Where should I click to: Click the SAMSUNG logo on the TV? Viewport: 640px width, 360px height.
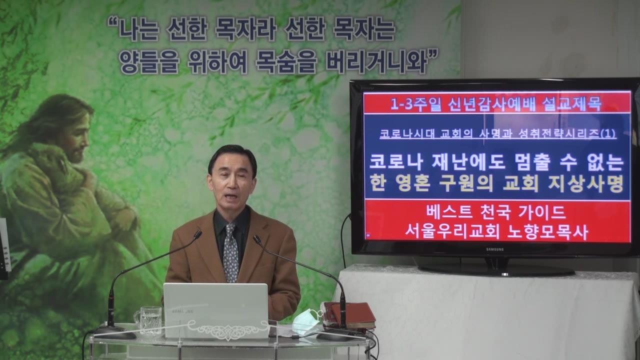click(x=495, y=249)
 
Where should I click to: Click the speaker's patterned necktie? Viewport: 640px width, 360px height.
click(x=231, y=252)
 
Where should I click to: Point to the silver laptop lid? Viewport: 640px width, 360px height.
click(x=216, y=309)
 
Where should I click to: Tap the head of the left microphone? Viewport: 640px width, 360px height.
click(x=197, y=235)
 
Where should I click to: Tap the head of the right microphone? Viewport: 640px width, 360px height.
click(x=257, y=239)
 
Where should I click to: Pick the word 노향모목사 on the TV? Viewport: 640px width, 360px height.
click(x=547, y=232)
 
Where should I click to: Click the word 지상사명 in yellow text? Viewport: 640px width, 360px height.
click(x=585, y=183)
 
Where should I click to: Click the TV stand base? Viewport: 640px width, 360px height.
click(x=496, y=270)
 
